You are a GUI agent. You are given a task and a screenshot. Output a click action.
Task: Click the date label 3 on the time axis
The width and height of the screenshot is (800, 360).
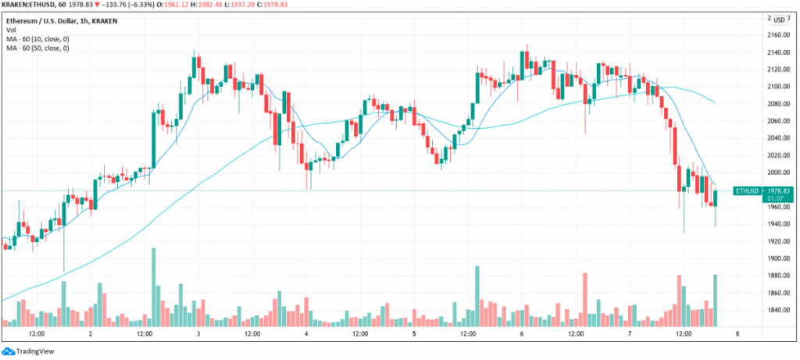point(198,333)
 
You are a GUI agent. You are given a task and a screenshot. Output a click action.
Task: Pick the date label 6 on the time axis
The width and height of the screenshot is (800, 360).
point(521,333)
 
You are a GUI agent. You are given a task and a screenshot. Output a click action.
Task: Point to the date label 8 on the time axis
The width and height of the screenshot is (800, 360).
point(737,333)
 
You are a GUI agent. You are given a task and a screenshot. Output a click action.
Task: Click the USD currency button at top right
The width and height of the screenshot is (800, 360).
point(778,20)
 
